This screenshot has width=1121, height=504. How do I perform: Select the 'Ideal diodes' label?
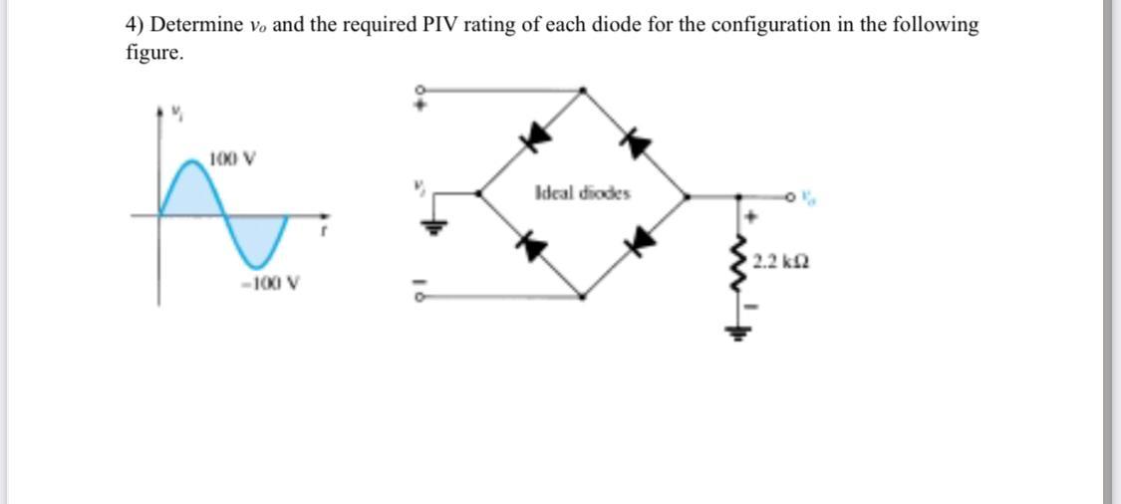coord(583,193)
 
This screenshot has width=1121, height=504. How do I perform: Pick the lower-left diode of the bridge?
coord(537,245)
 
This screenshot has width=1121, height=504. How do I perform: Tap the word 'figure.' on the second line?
coord(154,53)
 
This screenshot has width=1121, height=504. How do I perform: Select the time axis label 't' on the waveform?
coord(320,232)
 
